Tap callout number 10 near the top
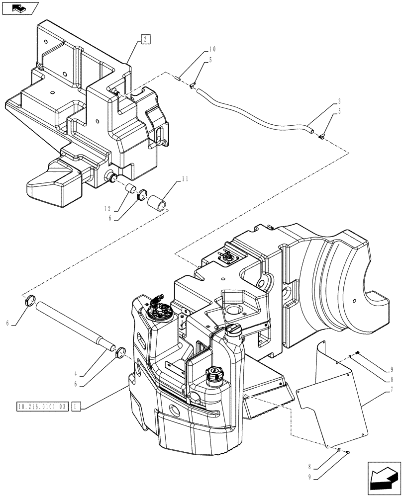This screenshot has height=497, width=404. (212, 49)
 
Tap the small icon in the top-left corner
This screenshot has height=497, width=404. (19, 8)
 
